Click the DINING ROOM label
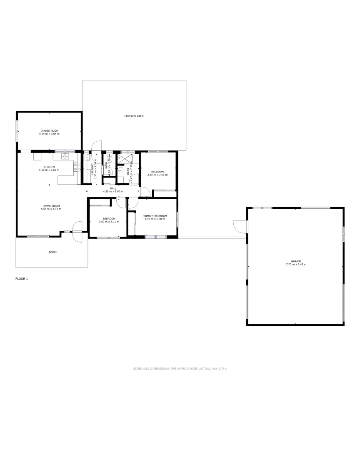pyautogui.click(x=50, y=131)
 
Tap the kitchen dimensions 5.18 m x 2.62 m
pyautogui.click(x=49, y=170)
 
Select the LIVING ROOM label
pyautogui.click(x=51, y=205)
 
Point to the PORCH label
pyautogui.click(x=53, y=252)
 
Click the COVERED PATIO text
pyautogui.click(x=134, y=116)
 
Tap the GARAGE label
pyautogui.click(x=296, y=261)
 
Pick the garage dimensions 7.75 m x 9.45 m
pyautogui.click(x=296, y=265)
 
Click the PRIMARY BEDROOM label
pyautogui.click(x=155, y=215)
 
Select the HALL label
pyautogui.click(x=113, y=188)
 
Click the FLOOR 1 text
pyautogui.click(x=22, y=278)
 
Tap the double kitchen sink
pyautogui.click(x=65, y=157)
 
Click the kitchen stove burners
pyautogui.click(x=77, y=167)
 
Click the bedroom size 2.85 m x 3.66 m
pyautogui.click(x=157, y=175)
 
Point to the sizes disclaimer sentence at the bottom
pyautogui.click(x=180, y=368)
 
